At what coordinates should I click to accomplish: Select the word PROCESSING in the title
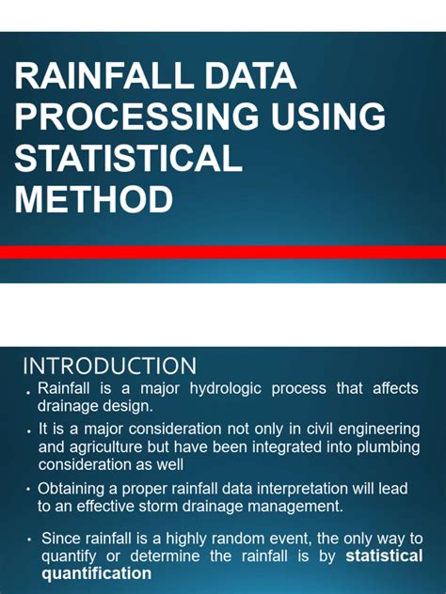tap(133, 117)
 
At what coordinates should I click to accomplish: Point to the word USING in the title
tap(324, 117)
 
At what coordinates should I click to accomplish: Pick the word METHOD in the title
tap(94, 199)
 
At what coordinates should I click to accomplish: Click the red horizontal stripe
tap(223, 252)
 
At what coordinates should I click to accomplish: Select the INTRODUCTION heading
tap(109, 366)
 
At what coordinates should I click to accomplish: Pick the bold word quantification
tap(95, 572)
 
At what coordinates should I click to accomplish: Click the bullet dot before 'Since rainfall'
tap(30, 539)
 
